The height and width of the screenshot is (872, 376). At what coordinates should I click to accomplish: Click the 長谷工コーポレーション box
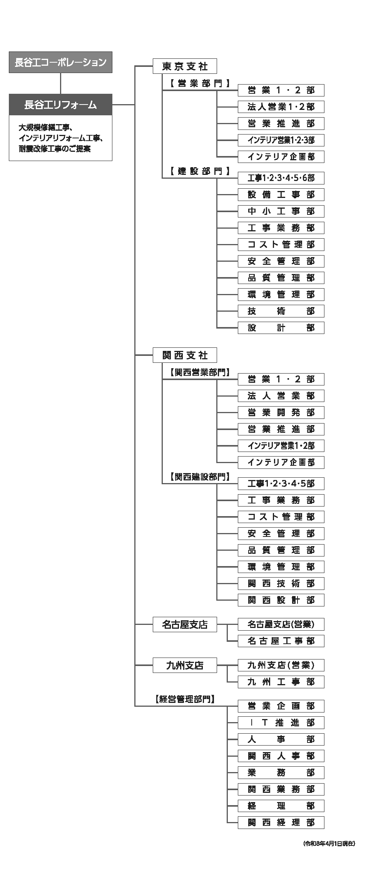click(x=60, y=62)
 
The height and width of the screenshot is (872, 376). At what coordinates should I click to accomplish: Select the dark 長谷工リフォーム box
click(x=60, y=105)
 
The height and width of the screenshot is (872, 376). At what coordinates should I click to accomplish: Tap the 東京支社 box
click(x=185, y=66)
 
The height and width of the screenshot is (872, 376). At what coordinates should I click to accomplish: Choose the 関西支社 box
click(x=185, y=355)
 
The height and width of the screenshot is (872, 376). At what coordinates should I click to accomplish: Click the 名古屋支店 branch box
click(x=185, y=625)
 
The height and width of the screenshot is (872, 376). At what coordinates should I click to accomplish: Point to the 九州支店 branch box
click(x=185, y=665)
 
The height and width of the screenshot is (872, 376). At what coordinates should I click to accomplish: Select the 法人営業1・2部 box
click(x=281, y=107)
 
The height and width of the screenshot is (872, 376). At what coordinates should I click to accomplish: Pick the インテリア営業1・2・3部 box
click(x=281, y=140)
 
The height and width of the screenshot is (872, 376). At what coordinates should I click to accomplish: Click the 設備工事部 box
click(x=281, y=194)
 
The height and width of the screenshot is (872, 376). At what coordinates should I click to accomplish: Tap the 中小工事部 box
click(x=281, y=211)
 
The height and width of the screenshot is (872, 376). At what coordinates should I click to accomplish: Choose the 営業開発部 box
click(x=281, y=412)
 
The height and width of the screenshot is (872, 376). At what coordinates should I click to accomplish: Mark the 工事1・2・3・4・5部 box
click(x=281, y=483)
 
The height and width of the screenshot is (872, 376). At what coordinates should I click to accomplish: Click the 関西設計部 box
click(x=281, y=600)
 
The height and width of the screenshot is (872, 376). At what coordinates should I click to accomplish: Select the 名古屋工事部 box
click(x=281, y=641)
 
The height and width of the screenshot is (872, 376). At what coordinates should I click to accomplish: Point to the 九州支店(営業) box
click(x=281, y=665)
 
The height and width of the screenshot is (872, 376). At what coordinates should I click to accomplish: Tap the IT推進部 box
click(x=281, y=723)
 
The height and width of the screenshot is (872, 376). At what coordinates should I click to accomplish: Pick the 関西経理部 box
click(x=281, y=822)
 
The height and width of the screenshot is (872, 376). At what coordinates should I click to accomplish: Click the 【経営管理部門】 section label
click(x=185, y=699)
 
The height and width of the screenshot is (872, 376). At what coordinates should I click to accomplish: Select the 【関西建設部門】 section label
click(x=200, y=477)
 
